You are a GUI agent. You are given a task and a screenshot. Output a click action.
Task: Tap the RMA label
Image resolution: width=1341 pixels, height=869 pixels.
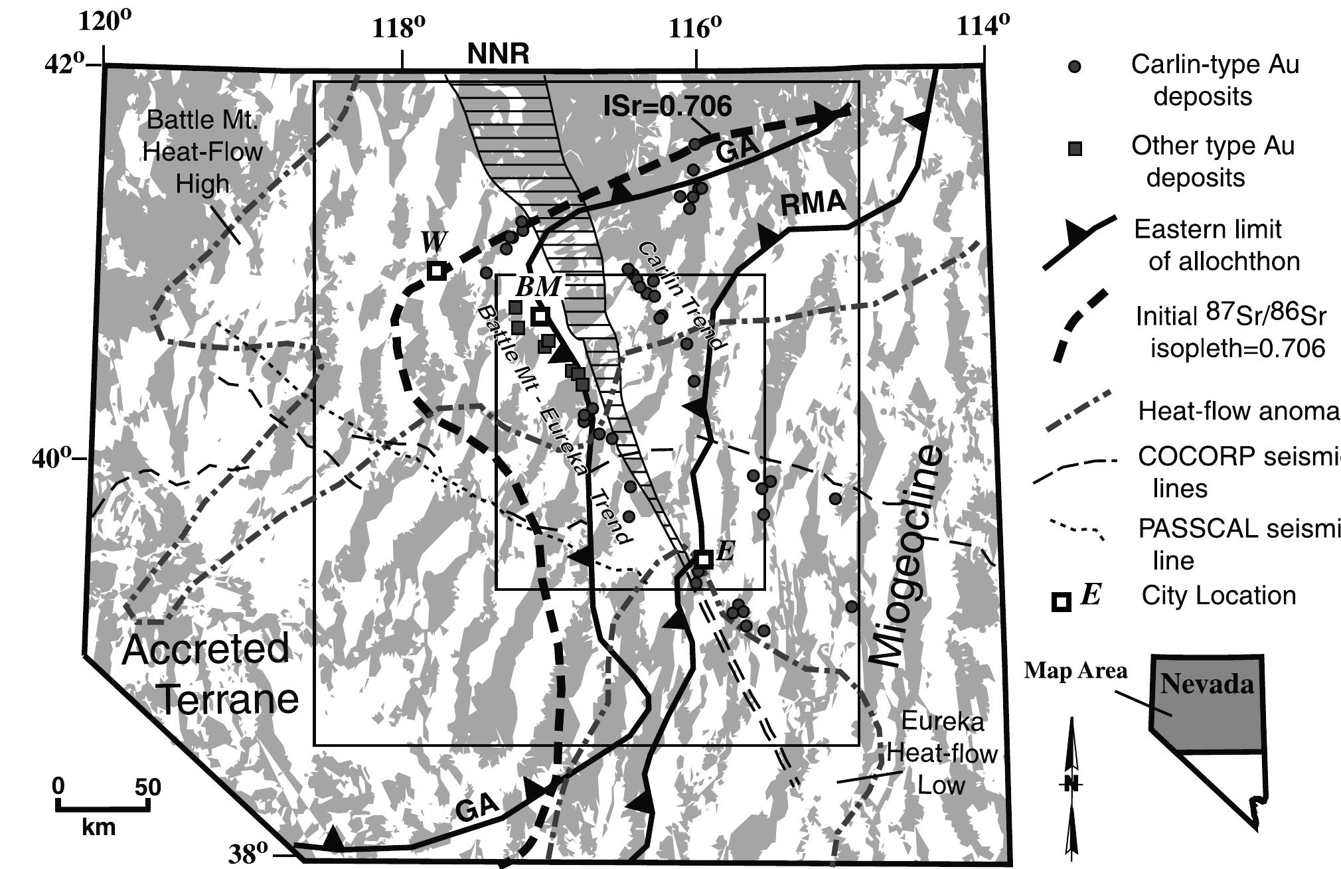tap(813, 204)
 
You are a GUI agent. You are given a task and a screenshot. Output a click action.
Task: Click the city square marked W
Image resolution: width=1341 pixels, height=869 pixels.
tap(435, 270)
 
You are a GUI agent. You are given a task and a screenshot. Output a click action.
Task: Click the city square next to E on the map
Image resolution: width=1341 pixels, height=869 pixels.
tap(704, 559)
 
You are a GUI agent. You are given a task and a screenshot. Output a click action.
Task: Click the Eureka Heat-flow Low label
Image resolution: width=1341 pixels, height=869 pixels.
tap(941, 753)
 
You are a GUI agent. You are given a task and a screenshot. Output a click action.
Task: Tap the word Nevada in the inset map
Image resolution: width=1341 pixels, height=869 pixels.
tap(1207, 684)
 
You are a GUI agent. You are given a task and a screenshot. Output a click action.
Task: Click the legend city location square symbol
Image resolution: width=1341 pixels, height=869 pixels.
tap(1061, 601)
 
